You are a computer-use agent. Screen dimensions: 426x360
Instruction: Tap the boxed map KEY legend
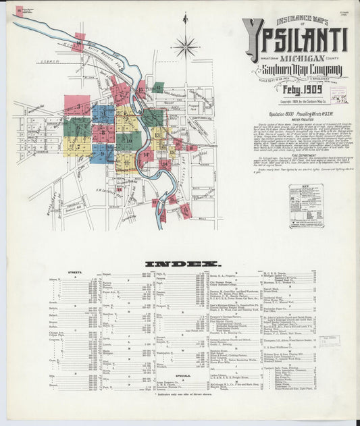(306, 207)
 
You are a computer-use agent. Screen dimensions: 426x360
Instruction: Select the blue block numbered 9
(103, 154)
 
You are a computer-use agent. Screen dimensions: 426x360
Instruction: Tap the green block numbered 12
(153, 117)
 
